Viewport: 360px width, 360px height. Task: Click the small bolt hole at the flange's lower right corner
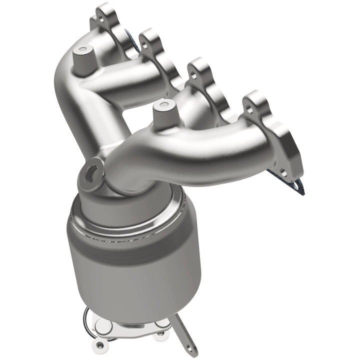point(283,173)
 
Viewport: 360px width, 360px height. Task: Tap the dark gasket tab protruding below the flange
point(295,187)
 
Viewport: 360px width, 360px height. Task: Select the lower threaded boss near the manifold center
point(161,106)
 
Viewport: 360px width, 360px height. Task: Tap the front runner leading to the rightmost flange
point(210,150)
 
